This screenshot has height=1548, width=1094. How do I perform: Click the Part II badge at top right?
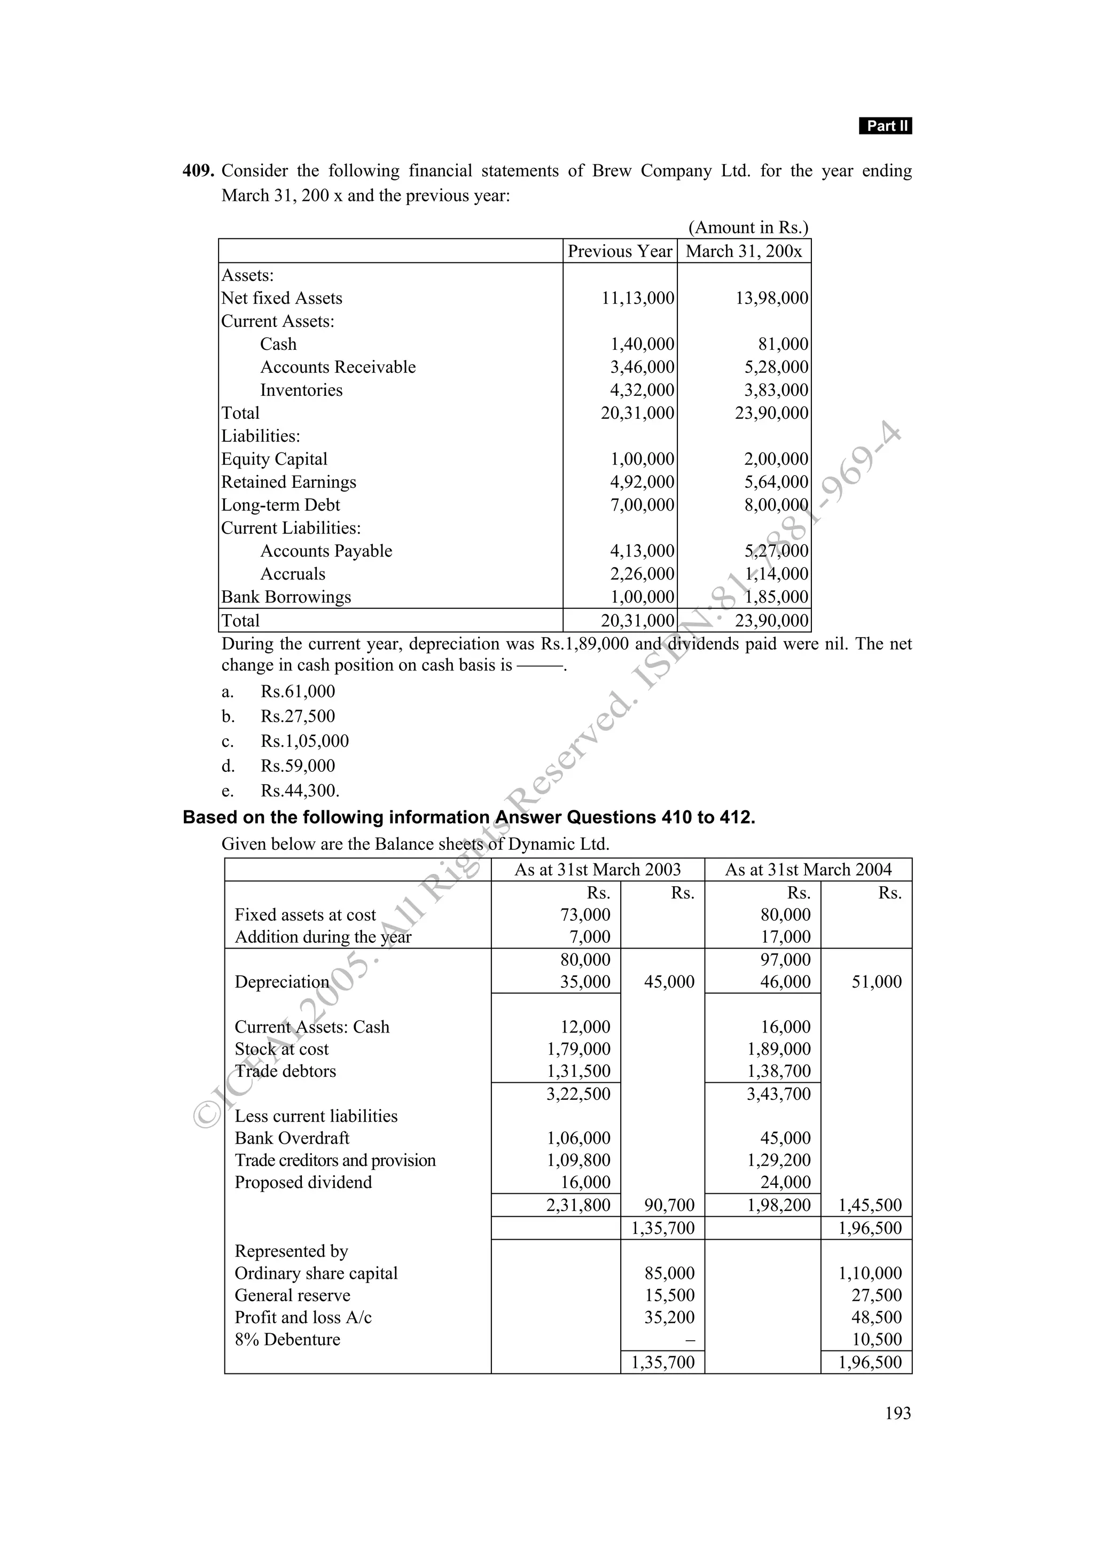pos(885,126)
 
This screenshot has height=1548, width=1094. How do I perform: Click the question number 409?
pos(198,171)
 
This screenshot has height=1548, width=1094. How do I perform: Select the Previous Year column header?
pos(620,252)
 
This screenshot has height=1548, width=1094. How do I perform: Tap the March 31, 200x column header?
pos(744,252)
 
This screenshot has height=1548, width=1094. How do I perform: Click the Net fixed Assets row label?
pos(282,298)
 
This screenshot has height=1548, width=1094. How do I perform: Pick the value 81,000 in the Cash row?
pos(783,344)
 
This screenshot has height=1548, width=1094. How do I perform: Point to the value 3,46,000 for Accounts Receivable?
pos(642,367)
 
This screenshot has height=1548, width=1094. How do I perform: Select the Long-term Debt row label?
pos(280,505)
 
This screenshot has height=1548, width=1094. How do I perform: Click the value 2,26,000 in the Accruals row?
pos(642,574)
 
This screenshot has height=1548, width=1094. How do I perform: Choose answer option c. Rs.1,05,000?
pos(304,741)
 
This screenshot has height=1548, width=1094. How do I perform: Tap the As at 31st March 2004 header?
pos(808,870)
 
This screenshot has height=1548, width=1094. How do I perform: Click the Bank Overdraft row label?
pos(292,1138)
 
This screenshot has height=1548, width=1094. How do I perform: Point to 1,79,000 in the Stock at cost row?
pos(579,1049)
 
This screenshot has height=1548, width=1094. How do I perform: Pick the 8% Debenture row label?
pos(287,1339)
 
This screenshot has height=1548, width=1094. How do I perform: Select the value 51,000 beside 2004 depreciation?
pos(876,982)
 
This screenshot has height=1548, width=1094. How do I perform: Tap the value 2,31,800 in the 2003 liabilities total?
pos(579,1205)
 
